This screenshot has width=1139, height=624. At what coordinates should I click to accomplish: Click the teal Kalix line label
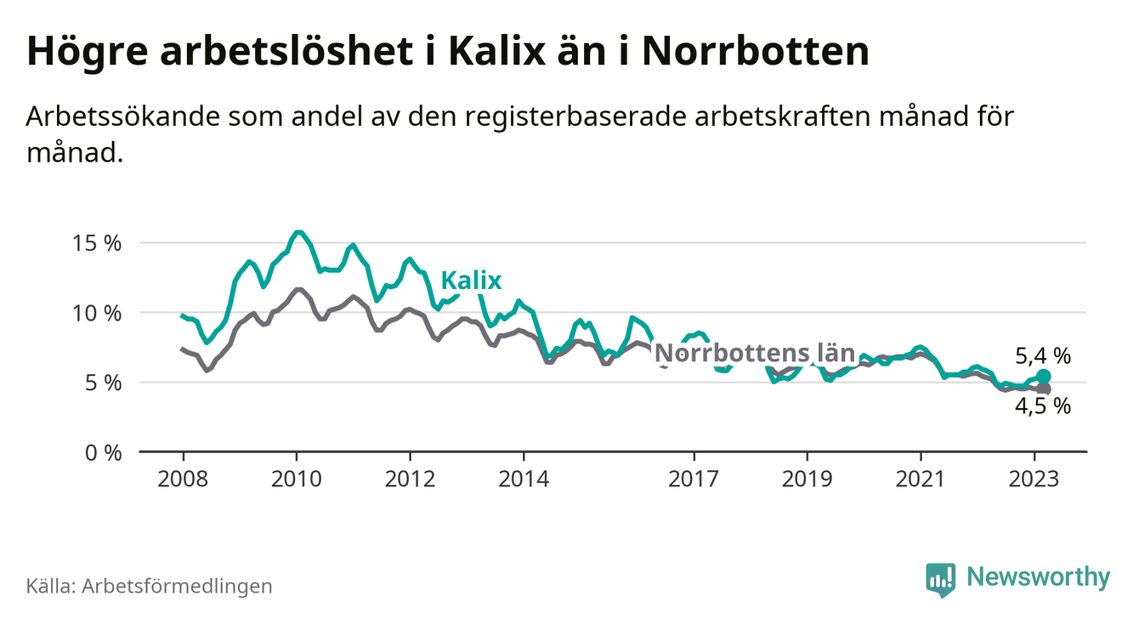[x=471, y=281]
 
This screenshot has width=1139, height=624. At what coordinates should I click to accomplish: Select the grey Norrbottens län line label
[x=755, y=353]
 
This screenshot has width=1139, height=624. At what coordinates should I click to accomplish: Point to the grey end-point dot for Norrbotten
[x=1044, y=389]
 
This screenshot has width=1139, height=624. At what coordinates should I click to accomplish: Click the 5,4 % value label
[x=1043, y=356]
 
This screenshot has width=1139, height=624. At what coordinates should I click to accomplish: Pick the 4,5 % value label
[x=1043, y=407]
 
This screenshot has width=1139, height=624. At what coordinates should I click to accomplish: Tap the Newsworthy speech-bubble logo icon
[x=940, y=579]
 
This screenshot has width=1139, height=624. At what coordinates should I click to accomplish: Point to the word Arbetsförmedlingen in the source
[x=177, y=587]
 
